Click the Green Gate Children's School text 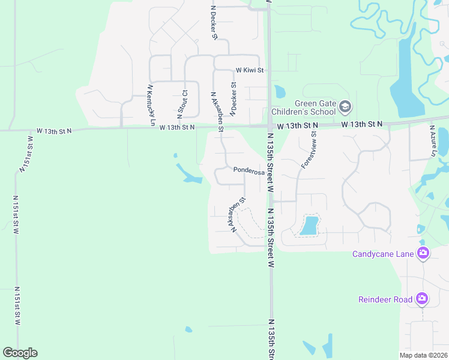[302, 107]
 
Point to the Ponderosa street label [249, 171]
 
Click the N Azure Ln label [432, 140]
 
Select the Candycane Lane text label [383, 254]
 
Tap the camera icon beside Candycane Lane [423, 253]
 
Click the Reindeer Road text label [385, 299]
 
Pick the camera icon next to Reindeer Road [422, 298]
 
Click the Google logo [20, 353]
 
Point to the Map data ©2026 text [423, 355]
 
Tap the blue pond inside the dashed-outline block [309, 225]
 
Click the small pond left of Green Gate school [280, 92]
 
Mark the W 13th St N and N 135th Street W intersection [270, 126]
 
